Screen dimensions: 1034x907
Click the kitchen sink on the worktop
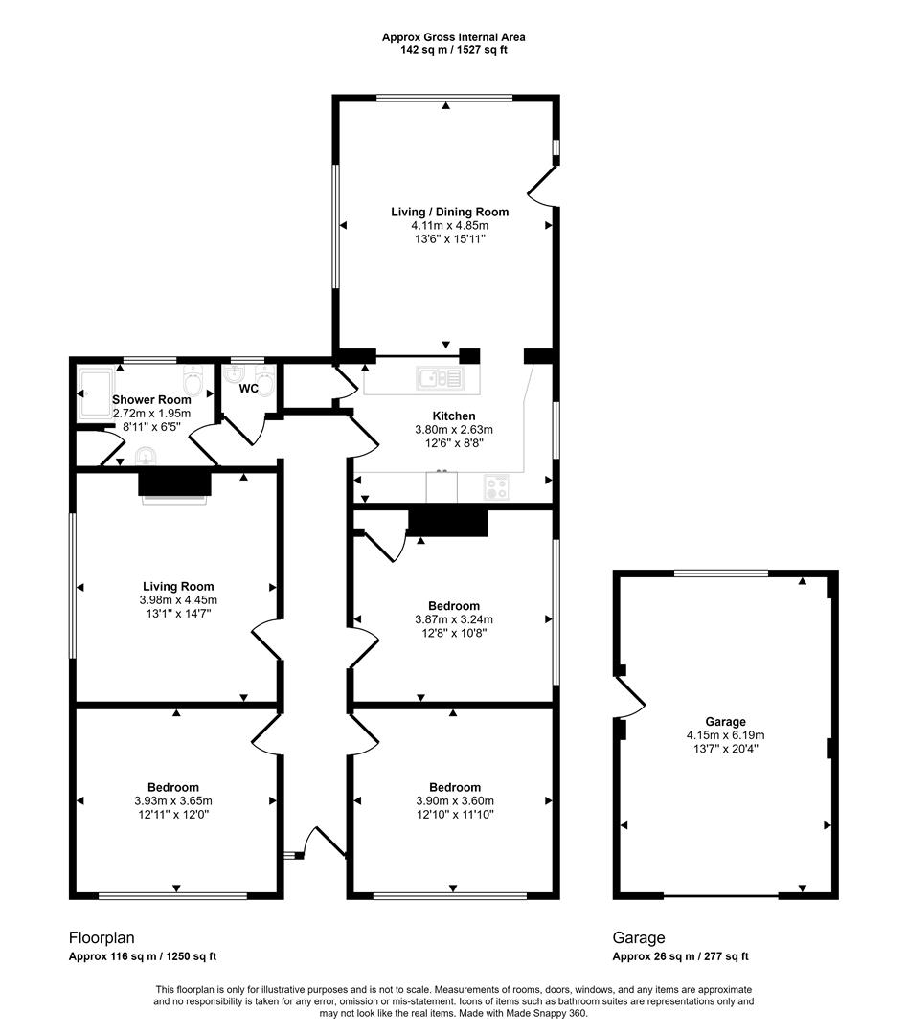tap(439, 379)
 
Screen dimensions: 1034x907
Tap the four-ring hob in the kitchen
tap(498, 487)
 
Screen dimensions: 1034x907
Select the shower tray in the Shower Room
tap(94, 393)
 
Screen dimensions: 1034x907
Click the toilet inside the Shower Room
tap(194, 382)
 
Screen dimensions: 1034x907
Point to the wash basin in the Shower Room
tap(147, 454)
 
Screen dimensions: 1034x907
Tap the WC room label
tap(248, 389)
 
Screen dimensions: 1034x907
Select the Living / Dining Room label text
tap(449, 212)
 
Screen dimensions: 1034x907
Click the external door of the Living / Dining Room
tap(542, 184)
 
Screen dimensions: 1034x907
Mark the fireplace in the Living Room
tap(174, 484)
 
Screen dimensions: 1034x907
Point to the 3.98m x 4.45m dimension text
tap(177, 600)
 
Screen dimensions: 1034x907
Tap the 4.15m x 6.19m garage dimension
tap(725, 735)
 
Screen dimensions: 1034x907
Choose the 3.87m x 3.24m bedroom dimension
tap(453, 619)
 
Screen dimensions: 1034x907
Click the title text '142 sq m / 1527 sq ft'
tap(453, 50)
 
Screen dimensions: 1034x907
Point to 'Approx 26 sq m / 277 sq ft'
tap(680, 956)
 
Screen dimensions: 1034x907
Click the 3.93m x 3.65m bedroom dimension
tap(173, 801)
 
